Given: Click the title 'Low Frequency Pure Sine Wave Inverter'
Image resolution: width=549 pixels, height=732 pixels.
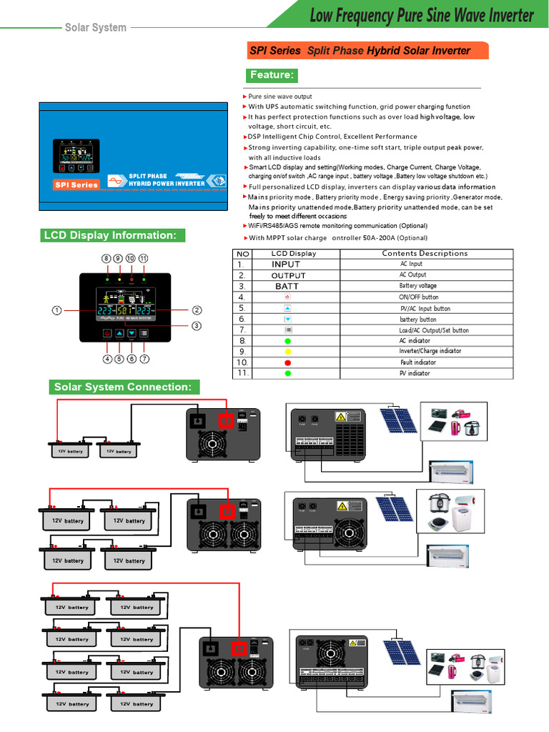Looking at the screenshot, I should click(x=421, y=15).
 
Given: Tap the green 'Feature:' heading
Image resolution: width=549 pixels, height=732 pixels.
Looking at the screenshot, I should click(x=272, y=75).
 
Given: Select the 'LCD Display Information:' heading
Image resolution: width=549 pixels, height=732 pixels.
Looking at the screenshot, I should click(x=110, y=235).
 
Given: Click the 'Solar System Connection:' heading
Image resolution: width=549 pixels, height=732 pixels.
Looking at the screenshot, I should click(x=123, y=387).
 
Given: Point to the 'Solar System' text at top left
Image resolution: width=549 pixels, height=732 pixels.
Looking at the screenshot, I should click(x=95, y=27).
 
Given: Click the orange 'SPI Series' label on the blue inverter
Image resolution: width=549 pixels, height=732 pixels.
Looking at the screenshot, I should click(x=76, y=185).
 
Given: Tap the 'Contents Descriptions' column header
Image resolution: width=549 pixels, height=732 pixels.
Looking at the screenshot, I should click(x=425, y=253).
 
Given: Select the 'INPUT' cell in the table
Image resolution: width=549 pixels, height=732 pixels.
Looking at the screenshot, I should click(x=286, y=264).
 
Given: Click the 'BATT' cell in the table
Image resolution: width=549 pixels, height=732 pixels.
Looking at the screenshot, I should click(x=287, y=286).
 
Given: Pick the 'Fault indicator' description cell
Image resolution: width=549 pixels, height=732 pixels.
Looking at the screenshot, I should click(x=417, y=362).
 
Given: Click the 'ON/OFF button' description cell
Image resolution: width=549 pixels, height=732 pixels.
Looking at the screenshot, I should click(x=419, y=297).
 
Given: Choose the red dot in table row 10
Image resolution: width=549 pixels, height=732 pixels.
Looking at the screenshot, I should click(x=287, y=362).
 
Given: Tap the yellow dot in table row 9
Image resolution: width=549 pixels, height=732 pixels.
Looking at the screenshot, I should click(x=287, y=352).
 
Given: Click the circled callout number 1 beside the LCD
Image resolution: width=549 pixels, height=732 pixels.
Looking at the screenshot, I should click(x=55, y=310).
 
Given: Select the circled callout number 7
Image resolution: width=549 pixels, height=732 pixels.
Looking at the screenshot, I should click(x=144, y=359).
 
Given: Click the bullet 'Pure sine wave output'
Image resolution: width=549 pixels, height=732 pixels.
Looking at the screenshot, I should click(x=280, y=97).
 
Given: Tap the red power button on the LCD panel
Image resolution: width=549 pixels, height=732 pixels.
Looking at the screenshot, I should click(x=107, y=333).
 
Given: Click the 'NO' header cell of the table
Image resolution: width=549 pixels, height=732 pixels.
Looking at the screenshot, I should click(x=243, y=253).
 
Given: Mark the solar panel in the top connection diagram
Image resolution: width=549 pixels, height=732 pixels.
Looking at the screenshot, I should click(x=398, y=420).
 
